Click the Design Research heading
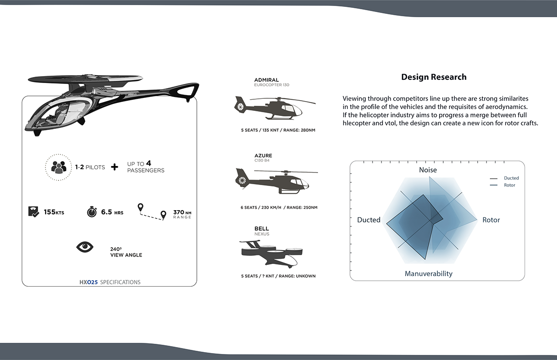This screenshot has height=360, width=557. (x=434, y=77)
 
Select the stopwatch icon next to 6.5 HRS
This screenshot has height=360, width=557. (x=92, y=212)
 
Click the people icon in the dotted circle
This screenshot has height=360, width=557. (x=59, y=167)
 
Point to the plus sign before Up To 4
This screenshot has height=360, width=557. (x=115, y=167)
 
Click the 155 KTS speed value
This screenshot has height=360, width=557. (x=54, y=212)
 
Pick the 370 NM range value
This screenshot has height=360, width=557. (x=179, y=212)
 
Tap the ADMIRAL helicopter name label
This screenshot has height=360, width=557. (x=266, y=80)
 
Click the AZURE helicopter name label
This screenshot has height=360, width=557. (x=263, y=155)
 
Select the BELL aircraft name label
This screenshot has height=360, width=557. (x=261, y=229)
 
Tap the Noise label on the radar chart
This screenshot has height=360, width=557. (x=427, y=170)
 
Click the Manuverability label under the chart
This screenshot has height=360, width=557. (x=428, y=274)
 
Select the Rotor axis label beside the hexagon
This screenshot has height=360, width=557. (x=491, y=220)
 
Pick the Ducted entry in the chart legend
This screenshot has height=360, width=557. (x=511, y=178)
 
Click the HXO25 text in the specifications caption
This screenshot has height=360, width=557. (x=88, y=282)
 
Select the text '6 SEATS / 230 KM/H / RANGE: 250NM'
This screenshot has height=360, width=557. (x=278, y=207)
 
